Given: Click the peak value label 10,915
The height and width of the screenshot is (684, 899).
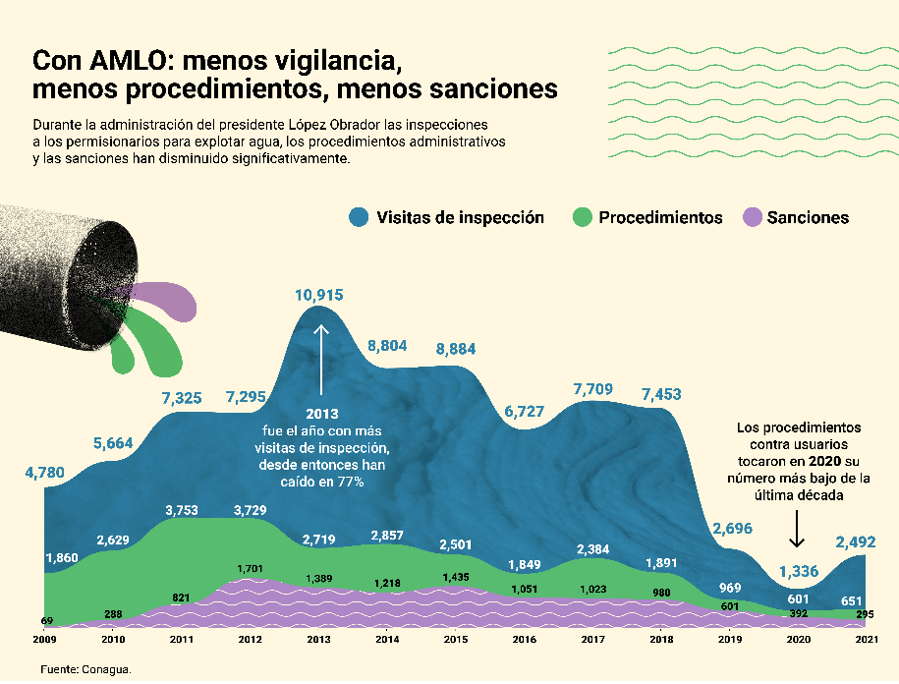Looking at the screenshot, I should pyautogui.click(x=319, y=294).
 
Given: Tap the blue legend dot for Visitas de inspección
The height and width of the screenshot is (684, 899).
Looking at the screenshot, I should pyautogui.click(x=359, y=217).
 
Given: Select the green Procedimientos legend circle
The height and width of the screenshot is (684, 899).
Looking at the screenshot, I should pyautogui.click(x=583, y=217).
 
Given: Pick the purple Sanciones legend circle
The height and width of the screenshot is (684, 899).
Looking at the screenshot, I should pyautogui.click(x=752, y=217).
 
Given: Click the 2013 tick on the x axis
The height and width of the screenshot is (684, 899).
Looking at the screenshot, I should pyautogui.click(x=319, y=640).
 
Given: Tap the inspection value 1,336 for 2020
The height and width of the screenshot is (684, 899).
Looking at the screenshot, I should pyautogui.click(x=798, y=571).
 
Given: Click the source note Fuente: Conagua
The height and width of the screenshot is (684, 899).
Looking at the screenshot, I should pyautogui.click(x=85, y=668).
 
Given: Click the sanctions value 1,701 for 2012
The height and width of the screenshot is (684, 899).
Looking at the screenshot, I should pyautogui.click(x=251, y=568).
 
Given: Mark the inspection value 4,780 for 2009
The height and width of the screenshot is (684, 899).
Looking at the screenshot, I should pyautogui.click(x=44, y=473).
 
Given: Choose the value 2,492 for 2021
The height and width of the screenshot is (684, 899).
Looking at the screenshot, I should pyautogui.click(x=855, y=541).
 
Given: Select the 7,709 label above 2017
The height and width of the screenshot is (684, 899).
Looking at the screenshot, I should pyautogui.click(x=593, y=390).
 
